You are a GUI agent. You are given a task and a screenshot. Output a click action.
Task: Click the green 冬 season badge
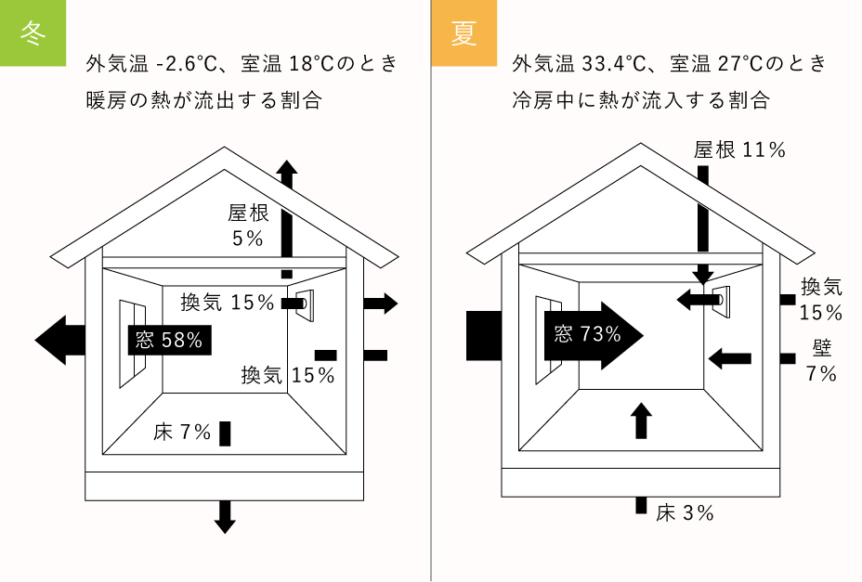pyautogui.click(x=33, y=32)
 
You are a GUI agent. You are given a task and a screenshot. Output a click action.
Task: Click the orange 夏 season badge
pyautogui.click(x=464, y=32)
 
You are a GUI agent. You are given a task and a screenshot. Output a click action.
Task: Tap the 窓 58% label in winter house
pyautogui.click(x=169, y=340)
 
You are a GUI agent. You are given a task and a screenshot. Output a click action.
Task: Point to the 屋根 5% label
pyautogui.click(x=247, y=226)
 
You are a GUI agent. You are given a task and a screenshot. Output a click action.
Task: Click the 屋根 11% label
pyautogui.click(x=740, y=149)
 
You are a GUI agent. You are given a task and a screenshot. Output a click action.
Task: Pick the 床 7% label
pyautogui.click(x=183, y=433)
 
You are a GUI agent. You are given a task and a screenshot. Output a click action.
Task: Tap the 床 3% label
pyautogui.click(x=686, y=512)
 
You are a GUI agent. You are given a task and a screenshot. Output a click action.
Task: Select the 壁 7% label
pyautogui.click(x=822, y=361)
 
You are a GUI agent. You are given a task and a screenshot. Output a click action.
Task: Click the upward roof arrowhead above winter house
pyautogui.click(x=287, y=171)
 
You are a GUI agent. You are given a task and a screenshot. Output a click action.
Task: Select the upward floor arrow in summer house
pyautogui.click(x=640, y=420)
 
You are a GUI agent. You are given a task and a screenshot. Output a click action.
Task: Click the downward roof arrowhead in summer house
pyautogui.click(x=703, y=275)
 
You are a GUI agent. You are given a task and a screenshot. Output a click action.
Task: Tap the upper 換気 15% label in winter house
pyautogui.click(x=228, y=302)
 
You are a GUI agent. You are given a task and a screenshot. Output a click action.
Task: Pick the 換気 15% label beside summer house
pyautogui.click(x=821, y=299)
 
